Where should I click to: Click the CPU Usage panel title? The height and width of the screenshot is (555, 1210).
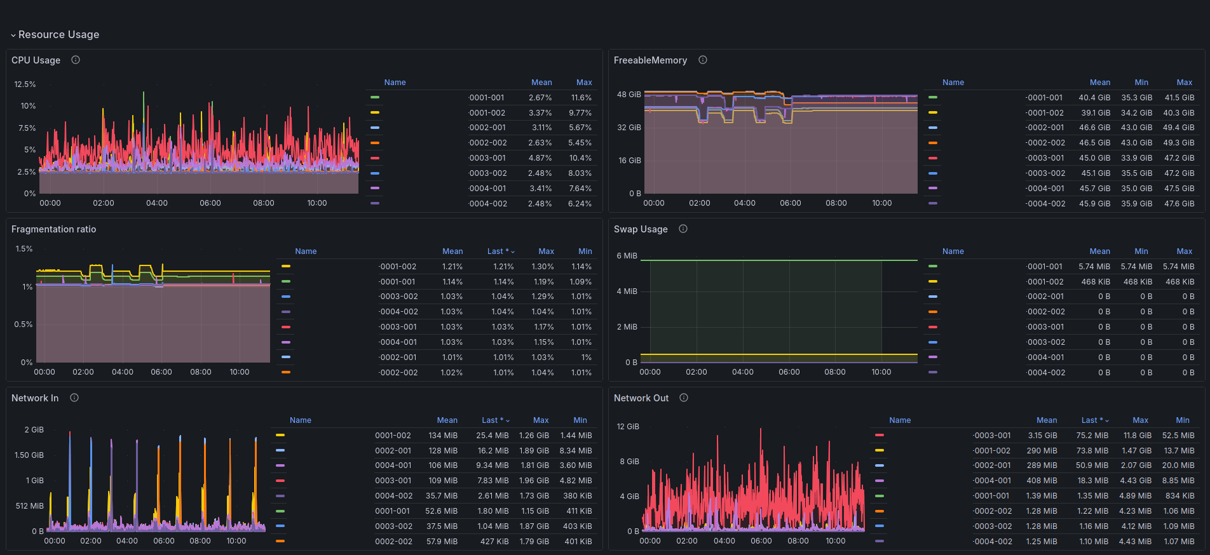[x=36, y=60]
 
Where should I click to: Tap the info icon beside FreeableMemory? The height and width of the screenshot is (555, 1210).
[x=703, y=60]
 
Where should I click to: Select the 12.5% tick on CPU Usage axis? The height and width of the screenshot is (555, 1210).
[x=25, y=84]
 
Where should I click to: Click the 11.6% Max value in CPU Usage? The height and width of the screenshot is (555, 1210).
[x=581, y=98]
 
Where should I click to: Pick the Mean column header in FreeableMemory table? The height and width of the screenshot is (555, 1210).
[x=1100, y=83]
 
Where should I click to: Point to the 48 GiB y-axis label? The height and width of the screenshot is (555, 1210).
[x=629, y=95]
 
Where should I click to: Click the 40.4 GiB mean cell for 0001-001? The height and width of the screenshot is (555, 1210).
[x=1094, y=98]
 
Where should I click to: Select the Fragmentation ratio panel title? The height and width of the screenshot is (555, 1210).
[x=54, y=229]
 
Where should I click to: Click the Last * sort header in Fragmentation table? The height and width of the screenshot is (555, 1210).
[x=501, y=251]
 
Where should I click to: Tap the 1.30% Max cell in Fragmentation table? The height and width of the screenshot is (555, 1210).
[x=543, y=267]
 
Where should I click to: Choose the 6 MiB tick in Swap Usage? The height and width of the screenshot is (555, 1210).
[x=627, y=256]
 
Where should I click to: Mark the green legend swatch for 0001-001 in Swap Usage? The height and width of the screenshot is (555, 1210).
[x=933, y=267]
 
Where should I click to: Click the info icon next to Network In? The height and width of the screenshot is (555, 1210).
[x=74, y=398]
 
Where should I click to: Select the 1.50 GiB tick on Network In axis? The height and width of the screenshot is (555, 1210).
[x=29, y=455]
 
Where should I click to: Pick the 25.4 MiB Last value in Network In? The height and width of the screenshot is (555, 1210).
[x=493, y=436]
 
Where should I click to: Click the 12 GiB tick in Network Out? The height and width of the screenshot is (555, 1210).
[x=628, y=427]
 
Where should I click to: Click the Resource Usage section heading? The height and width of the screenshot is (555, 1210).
[x=58, y=34]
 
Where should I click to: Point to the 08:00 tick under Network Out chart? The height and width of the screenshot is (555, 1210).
[x=798, y=541]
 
